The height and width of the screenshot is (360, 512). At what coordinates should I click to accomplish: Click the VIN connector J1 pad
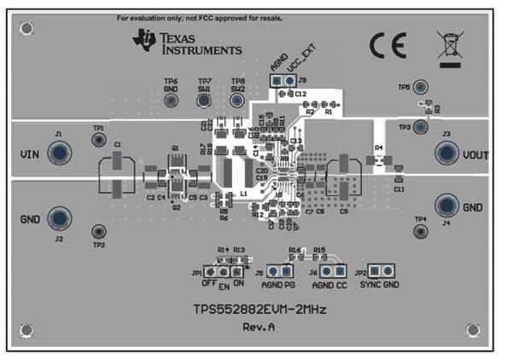pyautogui.click(x=59, y=154)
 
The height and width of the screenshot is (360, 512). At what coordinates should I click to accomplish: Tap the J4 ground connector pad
pyautogui.click(x=447, y=205)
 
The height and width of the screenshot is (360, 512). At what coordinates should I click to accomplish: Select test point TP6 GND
pyautogui.click(x=171, y=101)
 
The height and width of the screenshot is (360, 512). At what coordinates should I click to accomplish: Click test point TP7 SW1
pyautogui.click(x=205, y=101)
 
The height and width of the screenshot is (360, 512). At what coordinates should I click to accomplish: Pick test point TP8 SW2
pyautogui.click(x=237, y=101)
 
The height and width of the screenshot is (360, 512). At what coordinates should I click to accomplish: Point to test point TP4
pyautogui.click(x=420, y=231)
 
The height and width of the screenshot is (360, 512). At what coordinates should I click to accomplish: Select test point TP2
pyautogui.click(x=99, y=231)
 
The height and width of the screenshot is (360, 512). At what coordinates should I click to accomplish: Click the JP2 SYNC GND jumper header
pyautogui.click(x=381, y=270)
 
